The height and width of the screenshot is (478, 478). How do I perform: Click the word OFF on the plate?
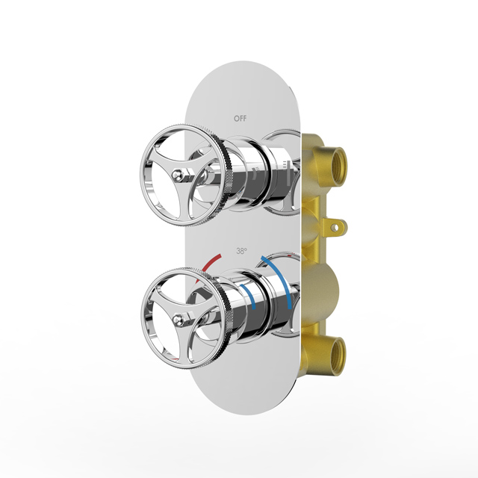tap(240, 118)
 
